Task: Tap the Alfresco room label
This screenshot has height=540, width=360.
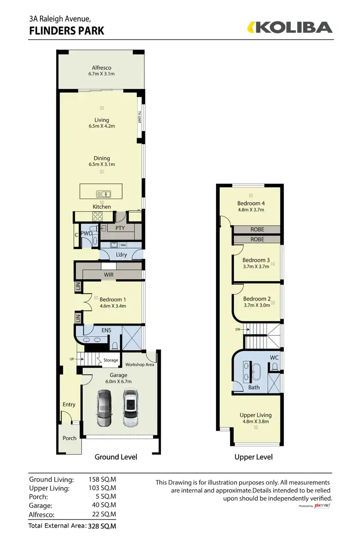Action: (x=102, y=68)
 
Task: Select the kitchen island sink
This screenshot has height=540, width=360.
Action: (x=104, y=194)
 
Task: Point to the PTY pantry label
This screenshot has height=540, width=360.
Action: (x=120, y=228)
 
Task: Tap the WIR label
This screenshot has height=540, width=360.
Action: (x=108, y=275)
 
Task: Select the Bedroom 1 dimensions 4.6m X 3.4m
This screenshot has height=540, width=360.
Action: (x=112, y=306)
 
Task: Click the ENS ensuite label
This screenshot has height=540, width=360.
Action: (x=106, y=330)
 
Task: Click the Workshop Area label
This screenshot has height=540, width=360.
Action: (x=139, y=364)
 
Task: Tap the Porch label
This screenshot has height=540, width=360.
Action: (x=70, y=438)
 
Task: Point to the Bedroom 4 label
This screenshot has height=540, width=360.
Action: (x=251, y=203)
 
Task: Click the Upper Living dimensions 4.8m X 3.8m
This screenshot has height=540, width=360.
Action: (x=255, y=421)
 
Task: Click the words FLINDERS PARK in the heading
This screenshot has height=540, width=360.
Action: (x=67, y=32)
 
